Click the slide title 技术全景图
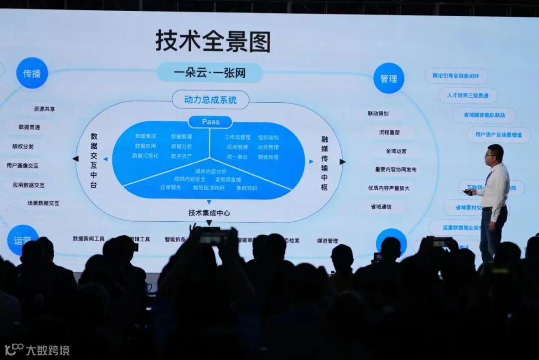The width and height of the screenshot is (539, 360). (213, 41)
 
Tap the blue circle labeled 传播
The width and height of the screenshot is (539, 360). (32, 73)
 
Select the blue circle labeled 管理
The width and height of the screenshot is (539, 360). (388, 78)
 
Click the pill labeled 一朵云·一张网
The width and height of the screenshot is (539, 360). (210, 73)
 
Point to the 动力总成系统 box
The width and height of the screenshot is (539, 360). (210, 100)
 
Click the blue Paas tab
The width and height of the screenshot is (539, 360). (210, 122)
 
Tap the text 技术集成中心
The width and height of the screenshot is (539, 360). (209, 213)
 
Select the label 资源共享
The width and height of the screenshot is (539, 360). (44, 109)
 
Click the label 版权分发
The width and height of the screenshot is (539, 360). (23, 146)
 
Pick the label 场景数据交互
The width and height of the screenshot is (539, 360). (43, 203)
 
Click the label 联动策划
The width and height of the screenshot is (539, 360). (378, 113)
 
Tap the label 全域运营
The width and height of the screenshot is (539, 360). (396, 151)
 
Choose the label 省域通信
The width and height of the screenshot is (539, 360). (381, 206)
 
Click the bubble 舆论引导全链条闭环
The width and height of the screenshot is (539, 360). (456, 76)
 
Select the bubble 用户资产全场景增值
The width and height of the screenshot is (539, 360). (498, 135)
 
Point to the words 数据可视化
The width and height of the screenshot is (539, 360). (145, 156)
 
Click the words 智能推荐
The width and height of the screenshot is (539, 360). (268, 157)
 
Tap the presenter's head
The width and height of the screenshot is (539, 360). (495, 154)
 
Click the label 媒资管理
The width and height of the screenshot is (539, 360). (327, 241)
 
